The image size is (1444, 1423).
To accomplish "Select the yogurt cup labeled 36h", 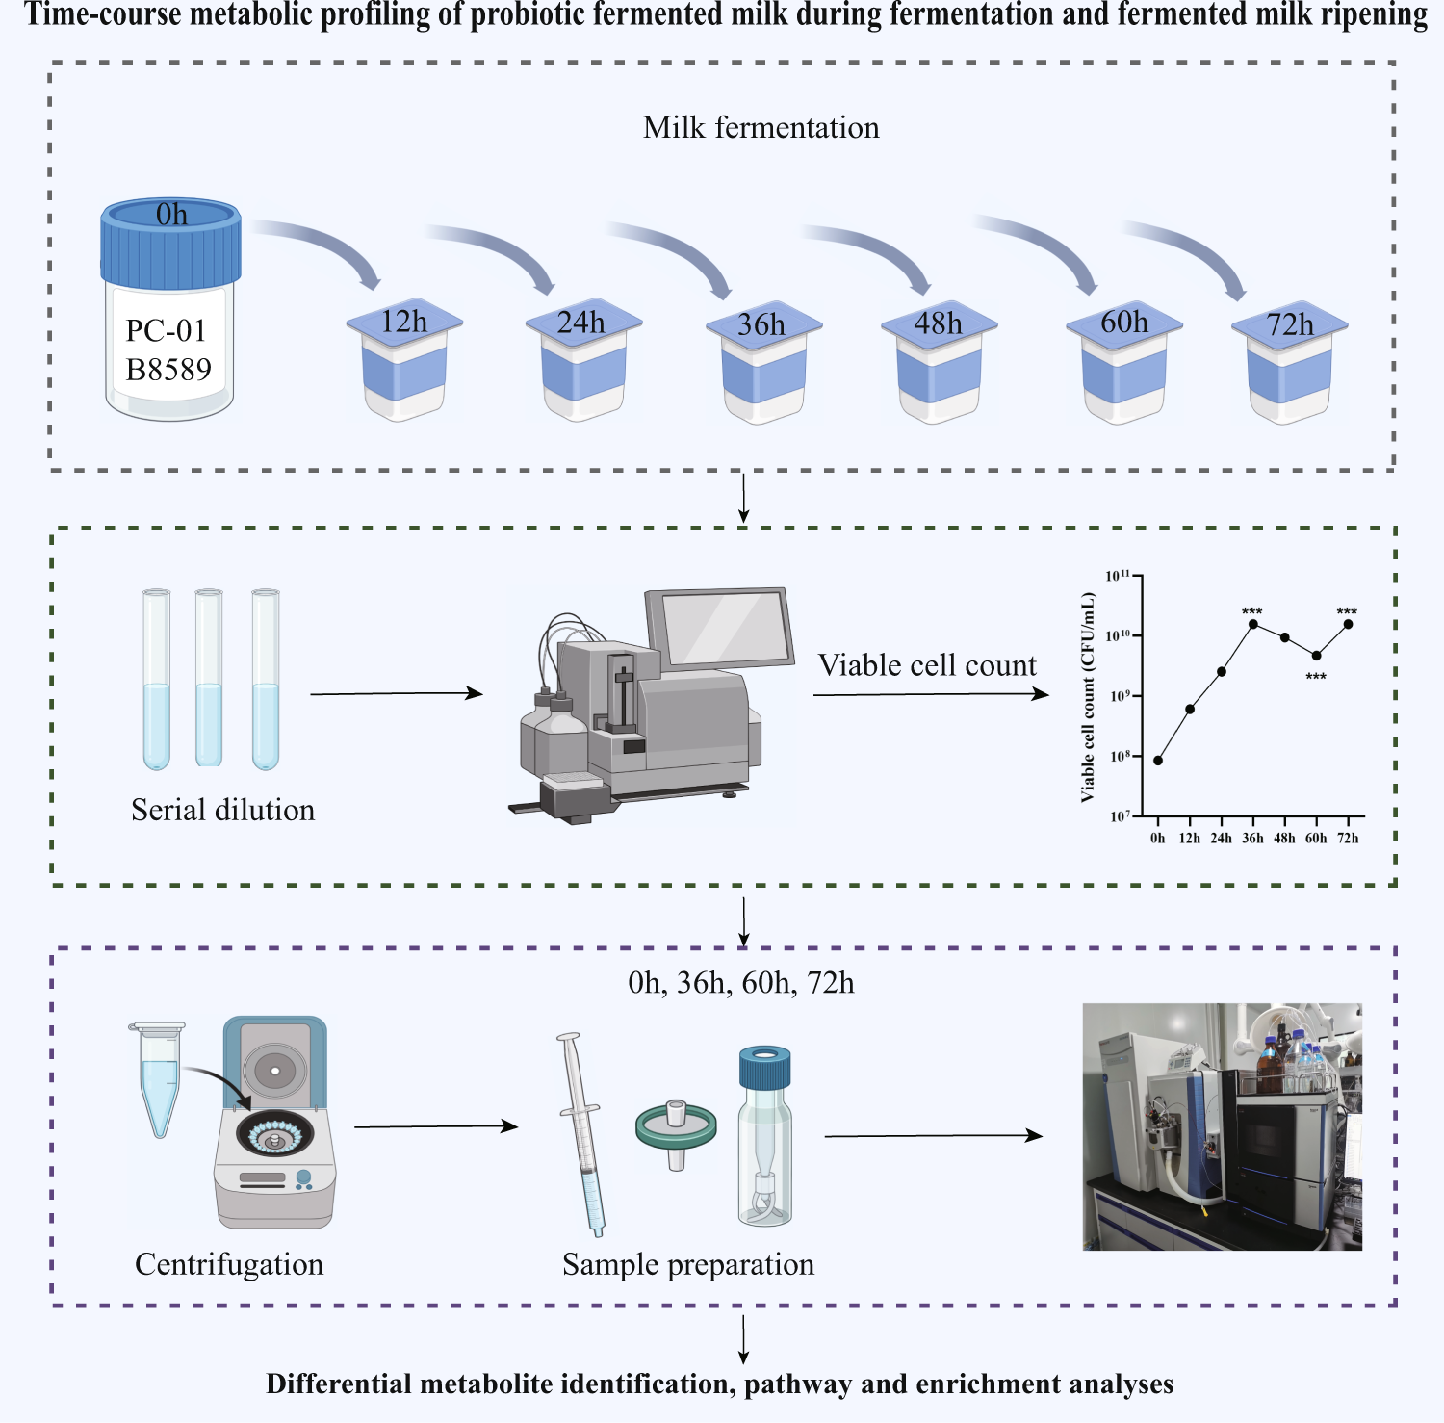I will pos(764,367).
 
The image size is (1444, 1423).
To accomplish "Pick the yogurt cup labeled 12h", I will pos(404,364).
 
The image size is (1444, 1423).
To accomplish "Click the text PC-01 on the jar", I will pos(167,331).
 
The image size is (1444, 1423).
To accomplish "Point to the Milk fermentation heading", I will pos(761,128).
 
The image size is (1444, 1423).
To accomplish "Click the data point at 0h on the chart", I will pos(1158,761).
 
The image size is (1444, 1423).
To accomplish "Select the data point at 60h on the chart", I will pos(1316,656).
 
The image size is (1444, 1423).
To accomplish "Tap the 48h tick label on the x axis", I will pos(1284,839).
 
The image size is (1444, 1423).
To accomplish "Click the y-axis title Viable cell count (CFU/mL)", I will pos(1088,697).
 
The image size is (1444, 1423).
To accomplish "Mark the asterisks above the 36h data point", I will pos(1251,612).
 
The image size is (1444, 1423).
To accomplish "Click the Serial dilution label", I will pos(222,810).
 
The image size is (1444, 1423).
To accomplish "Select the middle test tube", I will pos(209,678).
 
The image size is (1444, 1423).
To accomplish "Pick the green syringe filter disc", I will pos(676,1129).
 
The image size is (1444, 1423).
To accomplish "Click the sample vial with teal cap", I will pos(764,1136).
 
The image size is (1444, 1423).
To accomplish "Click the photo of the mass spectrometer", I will pos(1222,1126).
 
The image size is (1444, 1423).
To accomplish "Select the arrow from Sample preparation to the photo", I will pos(933,1136).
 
